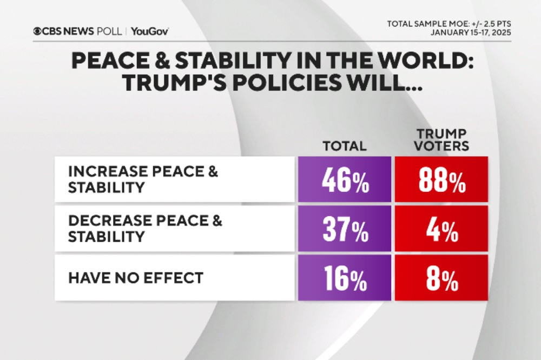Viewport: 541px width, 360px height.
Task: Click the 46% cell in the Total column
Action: (345, 179)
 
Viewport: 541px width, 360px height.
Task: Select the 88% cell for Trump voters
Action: (441, 179)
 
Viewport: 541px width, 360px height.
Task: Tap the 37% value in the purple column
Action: (345, 229)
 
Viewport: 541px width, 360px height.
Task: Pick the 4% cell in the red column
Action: (441, 229)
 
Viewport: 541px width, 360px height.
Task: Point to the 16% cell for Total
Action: (345, 277)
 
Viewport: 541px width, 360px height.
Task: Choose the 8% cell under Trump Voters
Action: (441, 277)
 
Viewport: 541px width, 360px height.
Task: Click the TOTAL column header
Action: (345, 146)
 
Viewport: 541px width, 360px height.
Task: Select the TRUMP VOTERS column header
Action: (441, 139)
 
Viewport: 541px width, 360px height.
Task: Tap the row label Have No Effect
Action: (135, 278)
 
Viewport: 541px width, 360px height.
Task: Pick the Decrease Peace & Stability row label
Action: (145, 229)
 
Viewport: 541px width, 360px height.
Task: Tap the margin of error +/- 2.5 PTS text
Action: (489, 24)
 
